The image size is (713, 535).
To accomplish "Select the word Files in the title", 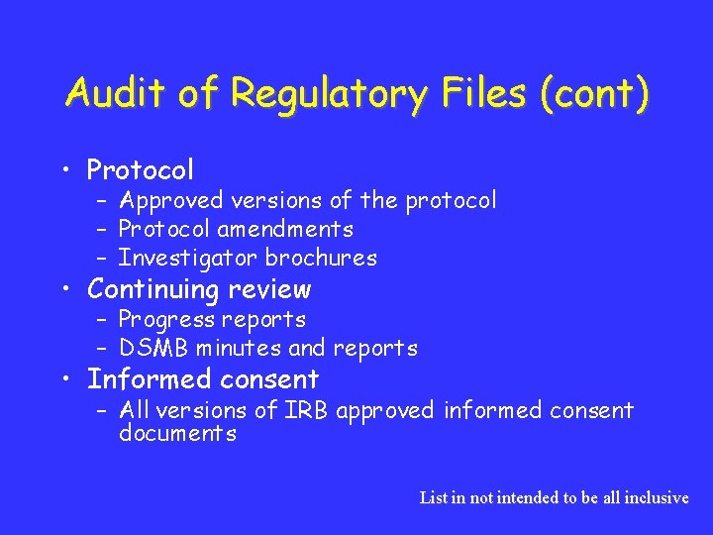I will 470,94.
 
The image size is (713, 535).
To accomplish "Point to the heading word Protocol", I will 140,170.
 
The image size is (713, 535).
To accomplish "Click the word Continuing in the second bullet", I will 153,289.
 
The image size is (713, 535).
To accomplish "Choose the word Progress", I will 165,320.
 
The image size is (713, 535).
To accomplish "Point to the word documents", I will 177,434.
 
